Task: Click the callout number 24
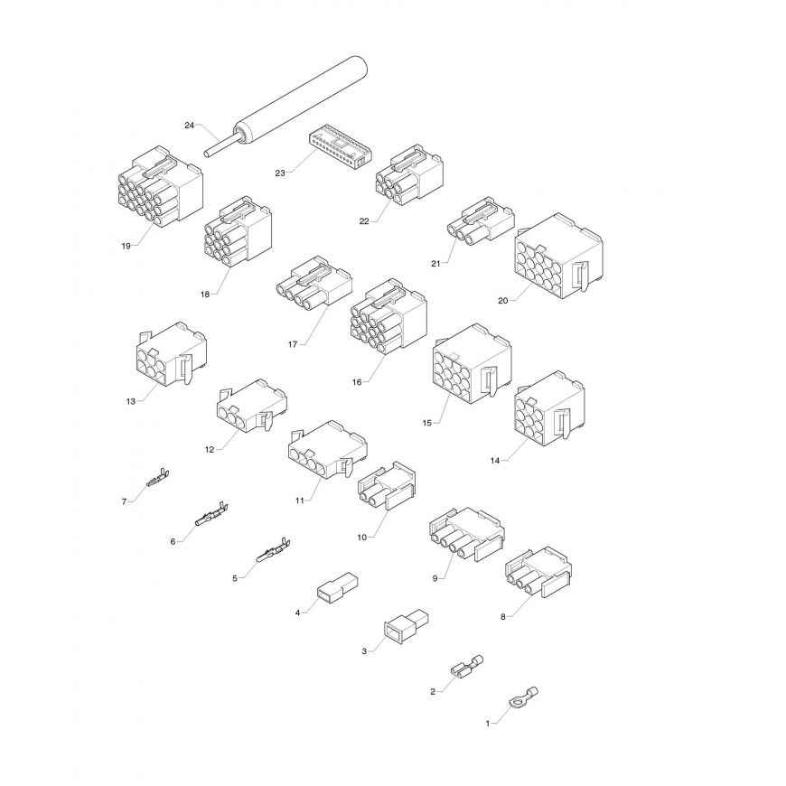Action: coord(189,126)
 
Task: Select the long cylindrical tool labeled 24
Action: coord(285,108)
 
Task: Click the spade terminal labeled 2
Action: coord(467,667)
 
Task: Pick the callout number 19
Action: coord(126,246)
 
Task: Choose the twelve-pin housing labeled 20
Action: coord(558,257)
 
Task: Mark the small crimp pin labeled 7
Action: coord(158,477)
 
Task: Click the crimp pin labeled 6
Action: coord(211,514)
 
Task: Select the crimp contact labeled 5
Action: coord(274,550)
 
